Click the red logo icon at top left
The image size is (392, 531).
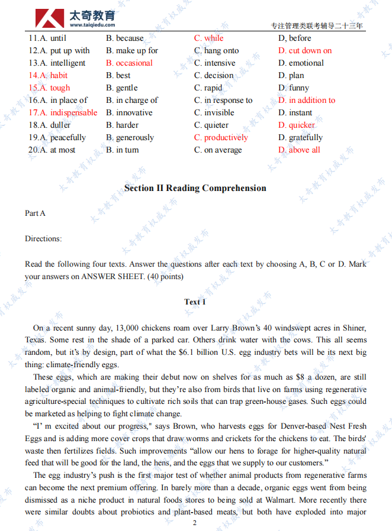49,18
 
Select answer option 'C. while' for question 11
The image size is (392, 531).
209,38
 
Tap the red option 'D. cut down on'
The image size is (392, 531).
305,51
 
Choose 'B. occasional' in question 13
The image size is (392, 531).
129,63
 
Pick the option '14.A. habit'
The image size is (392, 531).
48,76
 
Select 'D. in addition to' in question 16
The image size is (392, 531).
307,101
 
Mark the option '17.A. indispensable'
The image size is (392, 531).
63,113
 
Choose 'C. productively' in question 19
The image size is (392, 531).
221,138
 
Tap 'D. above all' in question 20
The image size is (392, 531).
299,150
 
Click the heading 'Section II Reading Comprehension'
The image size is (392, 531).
195,188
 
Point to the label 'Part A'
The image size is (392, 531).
35,213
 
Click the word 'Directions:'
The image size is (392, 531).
43,239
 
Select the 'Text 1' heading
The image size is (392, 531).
195,302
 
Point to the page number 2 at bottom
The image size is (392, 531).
195,523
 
